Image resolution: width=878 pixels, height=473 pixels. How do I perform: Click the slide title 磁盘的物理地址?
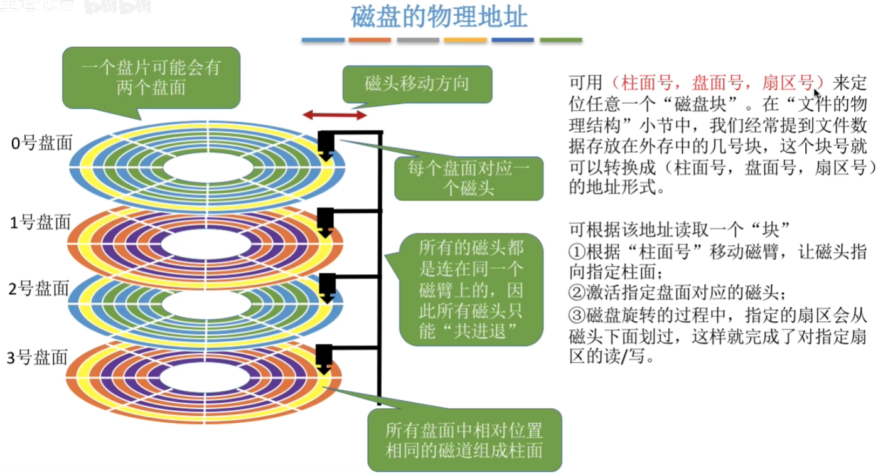[439, 18]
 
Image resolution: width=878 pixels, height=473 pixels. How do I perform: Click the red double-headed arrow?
[335, 115]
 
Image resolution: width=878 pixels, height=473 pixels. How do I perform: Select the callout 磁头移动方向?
[417, 84]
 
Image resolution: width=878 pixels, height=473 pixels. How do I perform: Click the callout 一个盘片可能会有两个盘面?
[151, 77]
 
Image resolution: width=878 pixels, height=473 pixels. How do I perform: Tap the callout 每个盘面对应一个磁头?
[468, 178]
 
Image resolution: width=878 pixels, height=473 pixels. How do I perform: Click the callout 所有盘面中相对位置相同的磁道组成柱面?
[464, 441]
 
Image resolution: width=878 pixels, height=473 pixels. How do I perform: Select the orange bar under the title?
[370, 40]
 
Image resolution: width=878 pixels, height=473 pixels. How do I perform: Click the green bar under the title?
[560, 40]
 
